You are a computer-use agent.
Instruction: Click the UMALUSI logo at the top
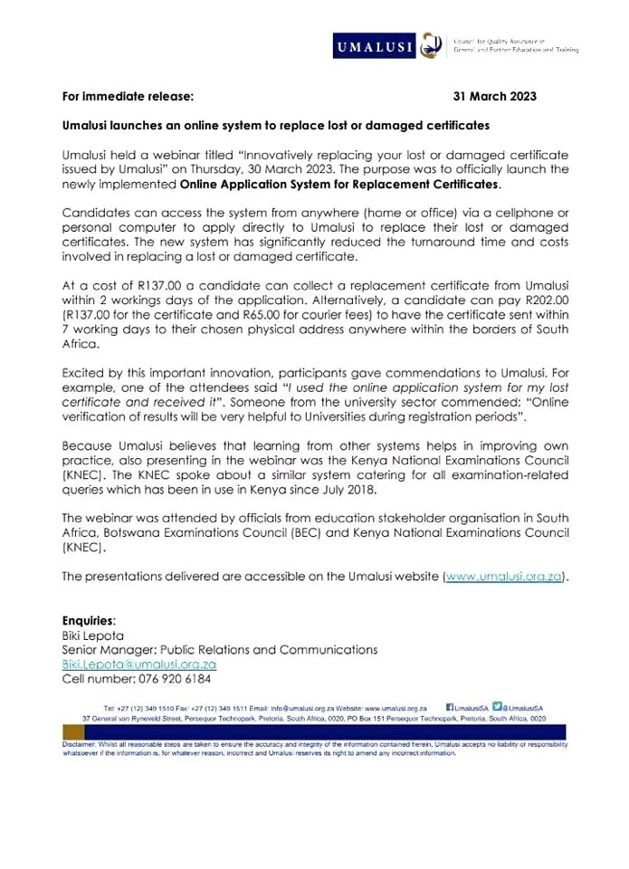374,43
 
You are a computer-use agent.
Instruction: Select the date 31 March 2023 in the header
510,95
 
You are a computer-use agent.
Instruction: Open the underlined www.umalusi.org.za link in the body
503,576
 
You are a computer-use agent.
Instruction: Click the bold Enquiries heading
89,621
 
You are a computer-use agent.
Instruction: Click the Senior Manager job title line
219,650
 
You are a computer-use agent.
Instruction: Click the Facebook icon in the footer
451,707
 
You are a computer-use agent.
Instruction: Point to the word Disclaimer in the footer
81,743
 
